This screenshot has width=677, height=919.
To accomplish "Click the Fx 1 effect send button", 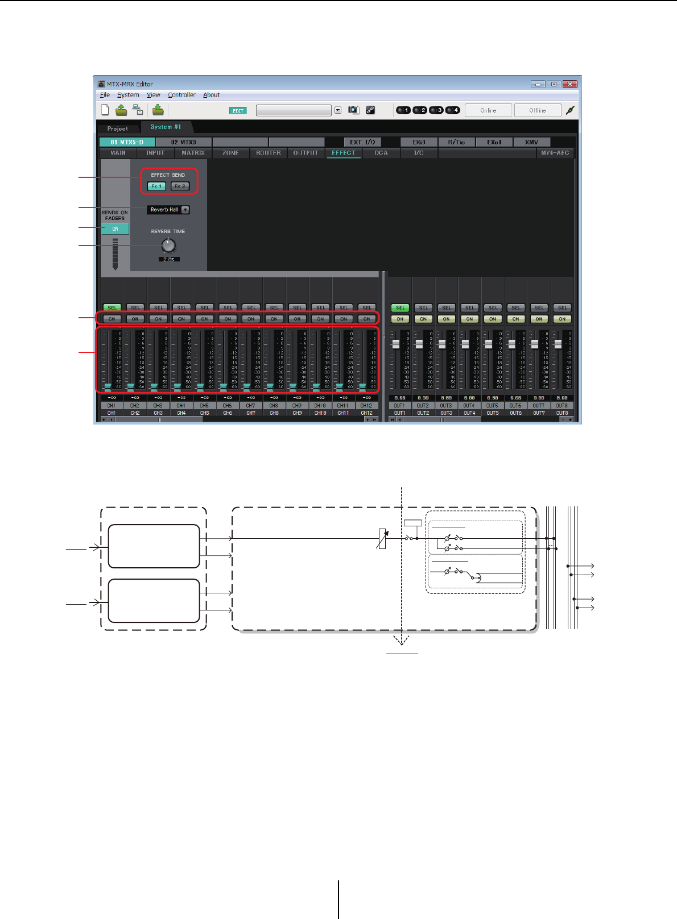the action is pos(156,186).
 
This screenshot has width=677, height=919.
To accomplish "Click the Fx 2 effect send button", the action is pos(180,186).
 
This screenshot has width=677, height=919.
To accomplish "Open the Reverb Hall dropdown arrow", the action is pos(185,210).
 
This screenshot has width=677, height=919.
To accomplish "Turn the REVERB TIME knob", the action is pos(168,246).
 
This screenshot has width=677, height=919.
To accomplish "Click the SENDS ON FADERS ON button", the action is pos(115,228).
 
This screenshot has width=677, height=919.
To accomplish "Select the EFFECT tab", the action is pos(344,153).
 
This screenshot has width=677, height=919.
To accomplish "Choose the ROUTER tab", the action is pos(269,153).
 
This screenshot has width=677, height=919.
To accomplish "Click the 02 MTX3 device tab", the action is pos(183,142).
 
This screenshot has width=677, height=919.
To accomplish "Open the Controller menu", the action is pos(181,95).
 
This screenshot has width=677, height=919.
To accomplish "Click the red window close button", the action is pos(569,84).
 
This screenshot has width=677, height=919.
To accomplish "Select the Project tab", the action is pos(118,128).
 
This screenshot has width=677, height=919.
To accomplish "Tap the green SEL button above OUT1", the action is pos(400,307).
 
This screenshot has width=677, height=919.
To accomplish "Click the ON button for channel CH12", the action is pos(366,319).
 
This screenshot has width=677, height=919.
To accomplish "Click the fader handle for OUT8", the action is pos(558,344).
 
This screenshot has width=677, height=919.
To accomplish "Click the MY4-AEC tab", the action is pos(555,153).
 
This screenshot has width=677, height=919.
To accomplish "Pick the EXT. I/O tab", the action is pos(362,142).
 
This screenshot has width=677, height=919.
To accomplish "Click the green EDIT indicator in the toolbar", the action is pos(238,111).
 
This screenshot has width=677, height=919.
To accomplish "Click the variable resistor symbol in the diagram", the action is pos(382,539).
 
